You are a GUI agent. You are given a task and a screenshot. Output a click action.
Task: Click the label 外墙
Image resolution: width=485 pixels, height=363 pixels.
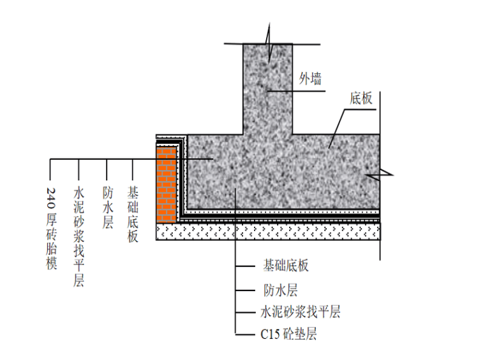[x=310, y=79]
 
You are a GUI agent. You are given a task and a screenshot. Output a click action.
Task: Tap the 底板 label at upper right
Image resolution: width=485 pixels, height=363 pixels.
[x=361, y=98]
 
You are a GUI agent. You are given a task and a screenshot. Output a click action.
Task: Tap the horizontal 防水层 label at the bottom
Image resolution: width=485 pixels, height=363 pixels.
[x=280, y=290]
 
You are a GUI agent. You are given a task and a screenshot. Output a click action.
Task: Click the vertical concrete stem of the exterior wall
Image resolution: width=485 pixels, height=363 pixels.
[x=267, y=89]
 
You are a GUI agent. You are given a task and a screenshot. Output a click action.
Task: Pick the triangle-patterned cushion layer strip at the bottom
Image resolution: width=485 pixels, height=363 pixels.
[x=268, y=232]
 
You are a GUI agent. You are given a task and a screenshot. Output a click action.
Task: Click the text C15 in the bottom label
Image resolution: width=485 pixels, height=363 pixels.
[x=269, y=334]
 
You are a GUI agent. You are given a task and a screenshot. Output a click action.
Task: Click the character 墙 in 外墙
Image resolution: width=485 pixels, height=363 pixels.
[x=316, y=79]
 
